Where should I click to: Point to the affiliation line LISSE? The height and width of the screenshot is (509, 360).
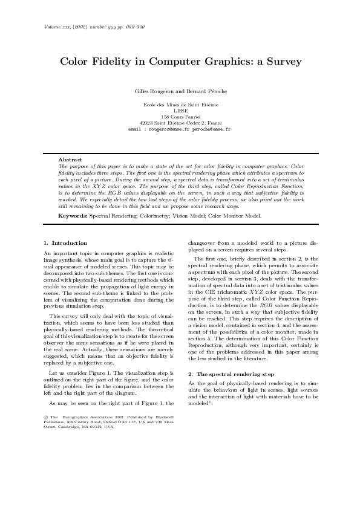click(180, 111)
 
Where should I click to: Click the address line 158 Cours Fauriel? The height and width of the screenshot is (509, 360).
click(180, 117)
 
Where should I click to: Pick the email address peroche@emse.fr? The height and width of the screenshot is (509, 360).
click(211, 129)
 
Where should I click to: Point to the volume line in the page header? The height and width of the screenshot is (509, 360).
click(94, 27)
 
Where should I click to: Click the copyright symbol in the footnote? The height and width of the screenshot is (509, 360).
click(47, 417)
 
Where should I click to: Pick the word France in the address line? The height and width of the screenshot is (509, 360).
click(215, 123)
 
